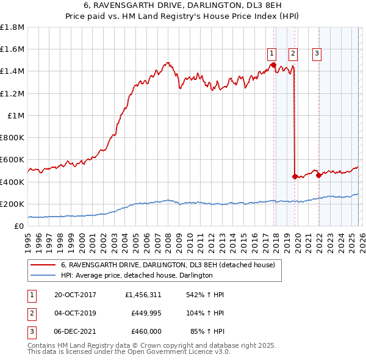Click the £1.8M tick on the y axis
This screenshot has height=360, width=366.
coord(12,27)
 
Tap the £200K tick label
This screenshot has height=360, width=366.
coord(12,204)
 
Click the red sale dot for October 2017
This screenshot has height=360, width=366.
coord(273,65)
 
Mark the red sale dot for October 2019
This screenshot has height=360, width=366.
coord(295,176)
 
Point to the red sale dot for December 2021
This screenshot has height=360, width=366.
coord(318,175)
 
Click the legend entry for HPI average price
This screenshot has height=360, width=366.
coord(137,275)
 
